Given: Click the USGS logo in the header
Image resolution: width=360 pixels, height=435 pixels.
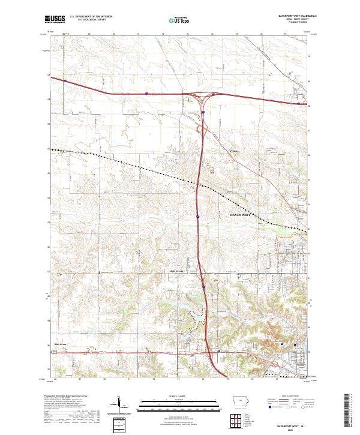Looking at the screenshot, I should click(55, 19).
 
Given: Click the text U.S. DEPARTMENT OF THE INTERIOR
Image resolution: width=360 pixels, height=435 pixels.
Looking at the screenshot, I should click(91, 16).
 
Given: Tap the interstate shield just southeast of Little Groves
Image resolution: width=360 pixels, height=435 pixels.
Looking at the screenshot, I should click(203, 287).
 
